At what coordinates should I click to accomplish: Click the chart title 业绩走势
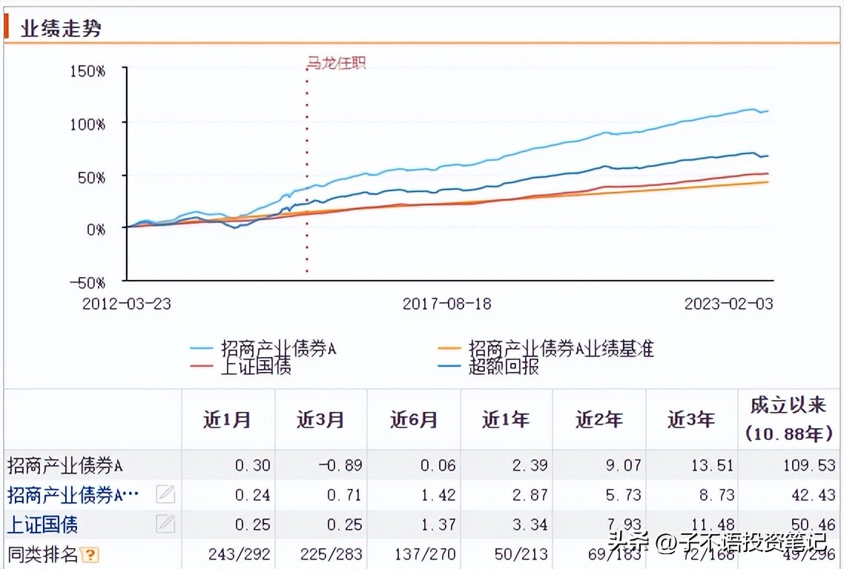[61, 29]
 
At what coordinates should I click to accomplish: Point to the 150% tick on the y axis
[88, 71]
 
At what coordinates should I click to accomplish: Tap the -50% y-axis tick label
[88, 282]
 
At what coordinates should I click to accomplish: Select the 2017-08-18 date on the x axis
[446, 304]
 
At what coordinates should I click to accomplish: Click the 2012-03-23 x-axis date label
[126, 304]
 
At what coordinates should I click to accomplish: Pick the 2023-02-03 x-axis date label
[728, 304]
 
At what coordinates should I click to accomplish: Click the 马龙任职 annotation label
[337, 64]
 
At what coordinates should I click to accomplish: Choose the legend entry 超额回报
[503, 366]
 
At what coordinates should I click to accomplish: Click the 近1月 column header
[228, 420]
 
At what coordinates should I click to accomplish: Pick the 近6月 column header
[414, 420]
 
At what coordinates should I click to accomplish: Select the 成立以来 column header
[788, 405]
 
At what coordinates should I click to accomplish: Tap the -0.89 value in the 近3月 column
[340, 466]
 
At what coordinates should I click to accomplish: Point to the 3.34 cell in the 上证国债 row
[530, 525]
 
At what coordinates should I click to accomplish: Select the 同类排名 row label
[43, 553]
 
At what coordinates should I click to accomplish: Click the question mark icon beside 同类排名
[90, 554]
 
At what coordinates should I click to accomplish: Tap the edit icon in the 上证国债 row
[165, 525]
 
